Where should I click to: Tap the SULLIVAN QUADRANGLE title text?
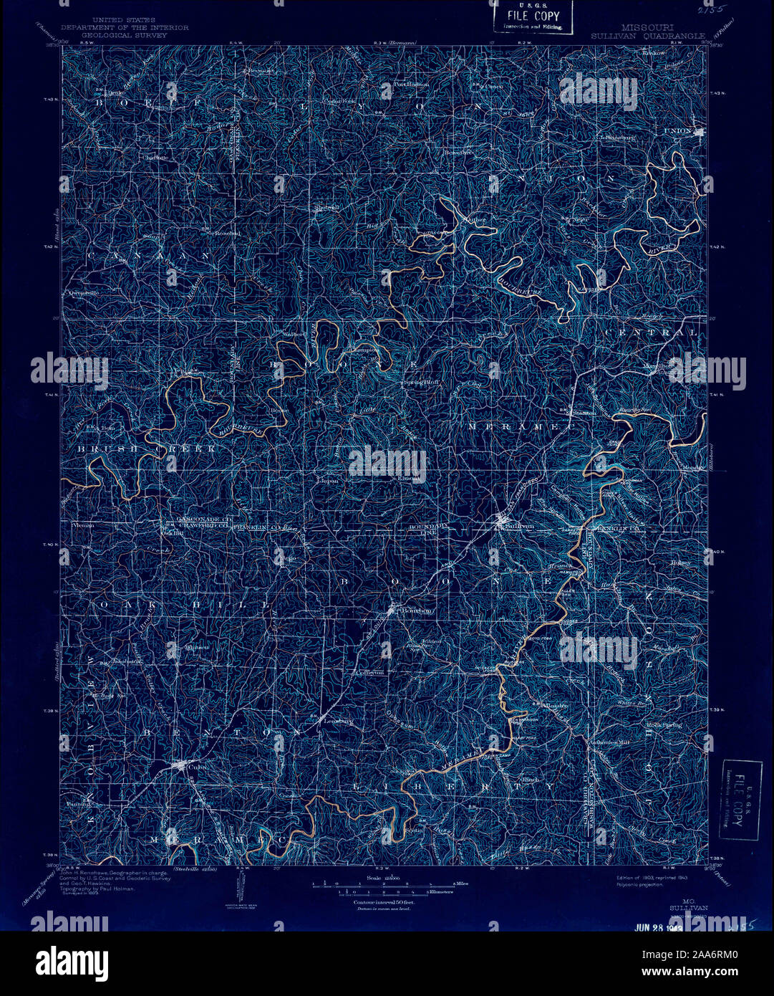pyautogui.click(x=647, y=34)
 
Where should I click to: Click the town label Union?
pyautogui.click(x=678, y=131)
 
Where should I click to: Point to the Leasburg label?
pyautogui.click(x=337, y=721)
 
